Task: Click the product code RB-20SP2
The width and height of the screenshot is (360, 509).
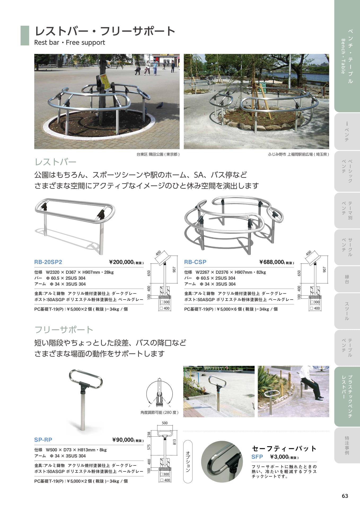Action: click(x=48, y=262)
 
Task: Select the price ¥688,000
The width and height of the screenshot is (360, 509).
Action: click(x=272, y=262)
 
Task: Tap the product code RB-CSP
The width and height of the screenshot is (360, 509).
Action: click(x=195, y=262)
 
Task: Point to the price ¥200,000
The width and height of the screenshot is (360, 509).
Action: click(x=121, y=262)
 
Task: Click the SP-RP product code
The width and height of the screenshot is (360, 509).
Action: click(x=43, y=440)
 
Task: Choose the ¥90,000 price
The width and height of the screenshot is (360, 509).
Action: click(x=123, y=440)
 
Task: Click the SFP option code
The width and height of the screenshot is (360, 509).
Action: click(x=257, y=457)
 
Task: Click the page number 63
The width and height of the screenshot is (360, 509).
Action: click(x=345, y=496)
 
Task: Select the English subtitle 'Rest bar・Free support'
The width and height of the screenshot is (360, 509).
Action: click(x=69, y=42)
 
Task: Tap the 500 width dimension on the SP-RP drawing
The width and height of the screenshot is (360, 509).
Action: click(x=165, y=423)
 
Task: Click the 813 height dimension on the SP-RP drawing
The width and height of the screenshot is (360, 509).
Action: click(x=174, y=442)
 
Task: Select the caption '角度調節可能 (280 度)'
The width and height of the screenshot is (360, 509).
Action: click(x=159, y=413)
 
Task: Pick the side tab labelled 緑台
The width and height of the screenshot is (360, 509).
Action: click(x=347, y=279)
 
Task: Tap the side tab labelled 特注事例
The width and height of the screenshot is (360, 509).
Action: click(x=347, y=445)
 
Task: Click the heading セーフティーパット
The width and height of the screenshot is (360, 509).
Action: click(x=284, y=449)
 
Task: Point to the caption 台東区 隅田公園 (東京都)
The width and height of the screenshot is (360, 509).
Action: click(x=158, y=154)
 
